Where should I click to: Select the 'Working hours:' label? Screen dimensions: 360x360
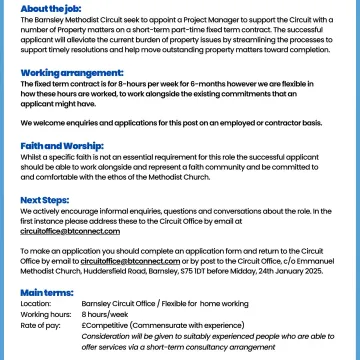point(43,314)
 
